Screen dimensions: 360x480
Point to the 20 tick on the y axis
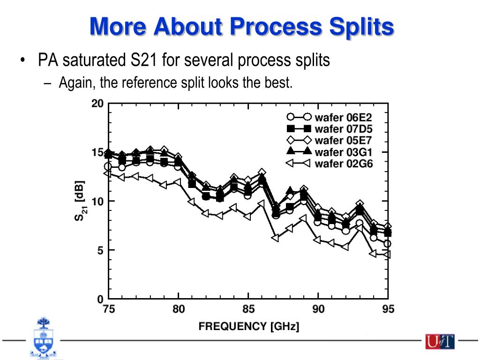[x=97, y=104]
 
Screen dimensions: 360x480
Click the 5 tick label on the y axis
[x=100, y=250]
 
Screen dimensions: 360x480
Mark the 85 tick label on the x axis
[x=248, y=309]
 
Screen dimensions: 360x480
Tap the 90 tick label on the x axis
[x=318, y=309]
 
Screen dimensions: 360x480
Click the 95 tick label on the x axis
[x=388, y=309]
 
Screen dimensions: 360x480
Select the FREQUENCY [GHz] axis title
[x=248, y=326]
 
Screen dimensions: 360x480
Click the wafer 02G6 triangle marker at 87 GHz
[x=276, y=238]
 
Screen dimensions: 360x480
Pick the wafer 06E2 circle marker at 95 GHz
[x=388, y=244]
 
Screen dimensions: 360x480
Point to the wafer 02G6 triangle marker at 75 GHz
[x=108, y=173]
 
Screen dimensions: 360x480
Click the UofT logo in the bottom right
[x=440, y=342]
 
